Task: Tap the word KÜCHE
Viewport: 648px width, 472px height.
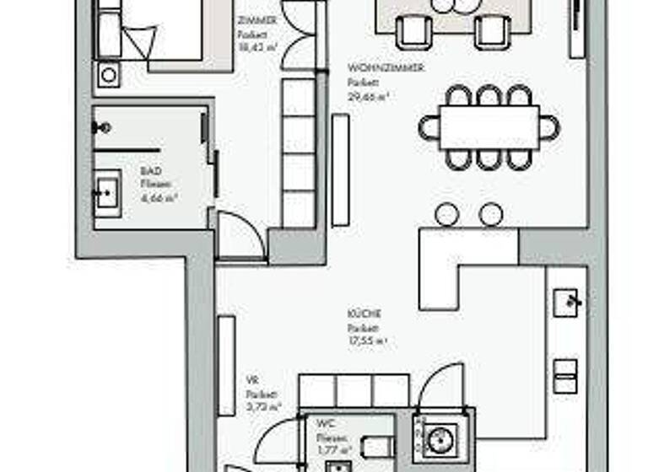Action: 358,314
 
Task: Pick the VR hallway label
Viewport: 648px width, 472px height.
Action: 251,380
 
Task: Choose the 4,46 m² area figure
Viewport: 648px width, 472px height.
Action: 159,198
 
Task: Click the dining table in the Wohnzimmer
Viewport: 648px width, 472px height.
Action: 489,127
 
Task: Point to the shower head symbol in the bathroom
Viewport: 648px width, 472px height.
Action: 105,128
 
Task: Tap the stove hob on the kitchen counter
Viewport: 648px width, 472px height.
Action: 566,376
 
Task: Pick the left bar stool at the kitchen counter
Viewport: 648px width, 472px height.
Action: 446,215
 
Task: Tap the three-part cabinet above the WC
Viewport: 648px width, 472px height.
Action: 354,392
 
